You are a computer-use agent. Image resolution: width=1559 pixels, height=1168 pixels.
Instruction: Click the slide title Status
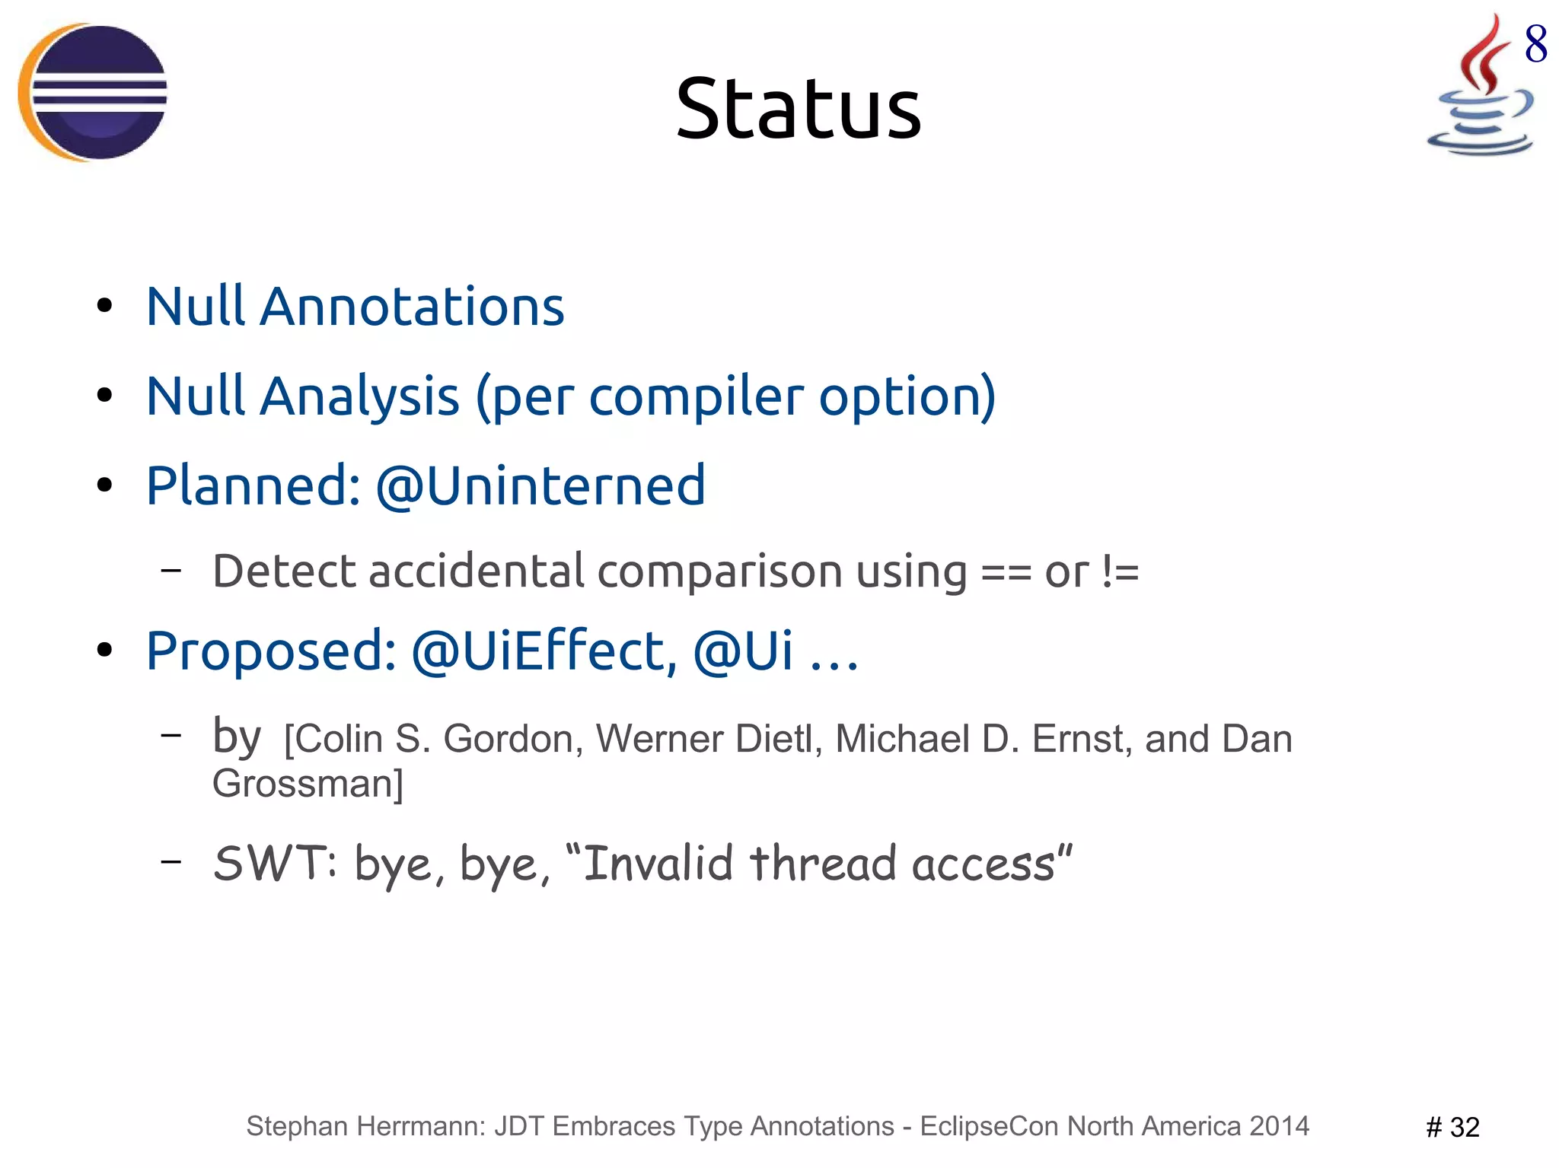[798, 110]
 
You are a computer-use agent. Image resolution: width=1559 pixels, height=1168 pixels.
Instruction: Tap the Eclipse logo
[93, 92]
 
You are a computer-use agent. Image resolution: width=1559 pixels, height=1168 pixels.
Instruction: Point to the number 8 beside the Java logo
[1535, 43]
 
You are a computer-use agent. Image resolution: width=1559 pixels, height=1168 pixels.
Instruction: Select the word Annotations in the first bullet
[412, 307]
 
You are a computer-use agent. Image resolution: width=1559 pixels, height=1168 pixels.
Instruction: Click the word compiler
[696, 396]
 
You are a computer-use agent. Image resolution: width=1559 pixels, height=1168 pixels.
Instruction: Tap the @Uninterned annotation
[540, 485]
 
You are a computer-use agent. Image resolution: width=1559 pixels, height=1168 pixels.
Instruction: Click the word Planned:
[253, 485]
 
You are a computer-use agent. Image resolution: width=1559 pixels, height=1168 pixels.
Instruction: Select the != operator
[1121, 572]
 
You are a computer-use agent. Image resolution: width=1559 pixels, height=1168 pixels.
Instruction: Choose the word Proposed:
[271, 651]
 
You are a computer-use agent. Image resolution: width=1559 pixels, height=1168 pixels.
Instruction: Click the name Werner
[658, 739]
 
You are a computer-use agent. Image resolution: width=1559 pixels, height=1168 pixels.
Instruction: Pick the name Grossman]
[308, 784]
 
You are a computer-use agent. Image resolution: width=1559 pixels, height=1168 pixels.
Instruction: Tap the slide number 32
[1463, 1127]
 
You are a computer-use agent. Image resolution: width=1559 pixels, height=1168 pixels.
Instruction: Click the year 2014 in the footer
[1279, 1126]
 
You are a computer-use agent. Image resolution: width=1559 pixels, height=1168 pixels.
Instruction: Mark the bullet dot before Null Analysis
[105, 396]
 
